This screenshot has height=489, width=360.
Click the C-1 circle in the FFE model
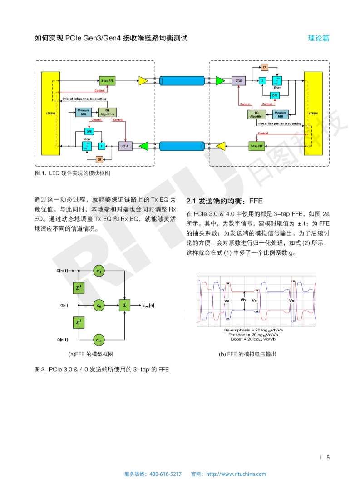[x=99, y=271]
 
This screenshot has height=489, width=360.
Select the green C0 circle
[x=99, y=306]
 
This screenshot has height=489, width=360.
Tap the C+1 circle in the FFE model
[x=99, y=339]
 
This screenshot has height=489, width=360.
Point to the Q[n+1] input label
[x=63, y=271]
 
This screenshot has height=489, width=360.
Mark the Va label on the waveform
[x=227, y=301]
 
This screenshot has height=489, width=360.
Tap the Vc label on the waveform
[x=254, y=301]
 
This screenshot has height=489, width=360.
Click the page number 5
[x=328, y=457]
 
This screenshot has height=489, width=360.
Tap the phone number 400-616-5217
[x=165, y=474]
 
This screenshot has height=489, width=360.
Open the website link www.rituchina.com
[x=236, y=474]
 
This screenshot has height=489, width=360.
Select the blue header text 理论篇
[x=318, y=38]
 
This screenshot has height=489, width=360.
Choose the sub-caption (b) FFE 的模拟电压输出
[x=247, y=354]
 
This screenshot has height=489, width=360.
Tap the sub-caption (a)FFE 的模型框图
[x=90, y=354]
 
